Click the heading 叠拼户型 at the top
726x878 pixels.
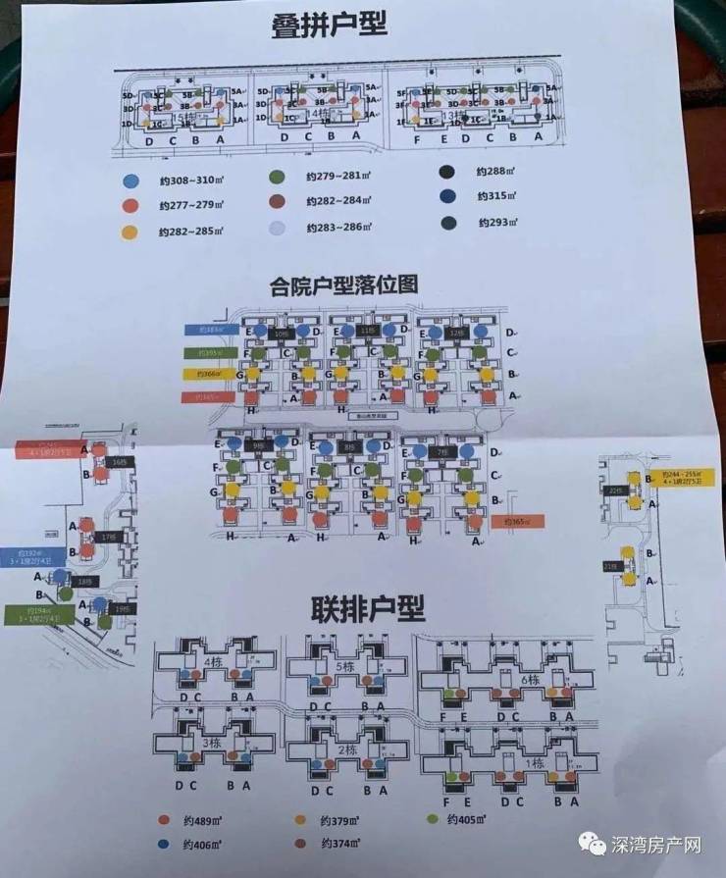330,27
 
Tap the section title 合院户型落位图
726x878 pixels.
344,284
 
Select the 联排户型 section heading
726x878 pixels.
370,608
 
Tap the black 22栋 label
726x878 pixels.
615,491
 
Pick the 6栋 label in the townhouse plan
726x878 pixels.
531,679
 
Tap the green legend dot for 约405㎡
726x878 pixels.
432,818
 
